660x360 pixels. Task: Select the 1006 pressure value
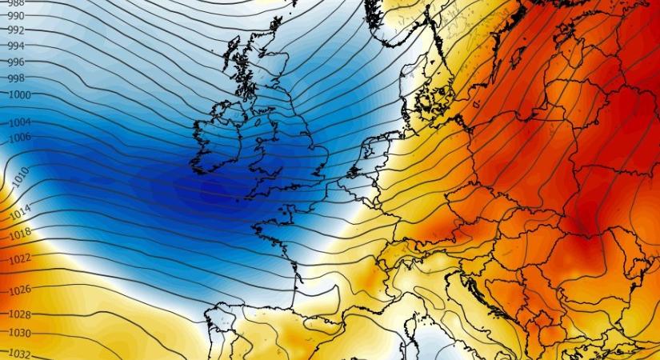click(x=19, y=138)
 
